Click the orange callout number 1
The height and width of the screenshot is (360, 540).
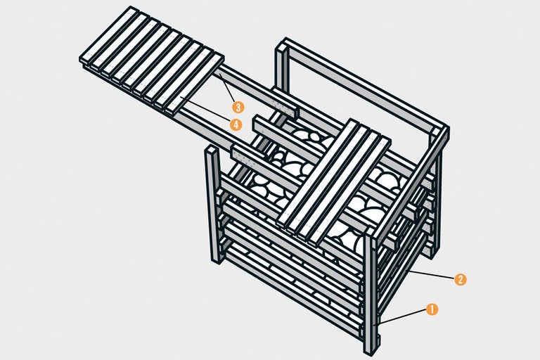[432, 309]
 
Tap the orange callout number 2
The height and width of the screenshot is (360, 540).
[460, 279]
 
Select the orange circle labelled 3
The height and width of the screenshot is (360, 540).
[238, 108]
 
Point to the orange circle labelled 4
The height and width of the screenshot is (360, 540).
[236, 124]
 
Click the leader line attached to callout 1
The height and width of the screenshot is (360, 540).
[404, 316]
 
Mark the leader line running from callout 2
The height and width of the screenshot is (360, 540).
[432, 274]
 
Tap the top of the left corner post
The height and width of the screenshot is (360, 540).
[211, 152]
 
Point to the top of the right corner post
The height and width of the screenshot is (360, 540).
[441, 132]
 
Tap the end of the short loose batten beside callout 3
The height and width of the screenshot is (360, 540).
[293, 112]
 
